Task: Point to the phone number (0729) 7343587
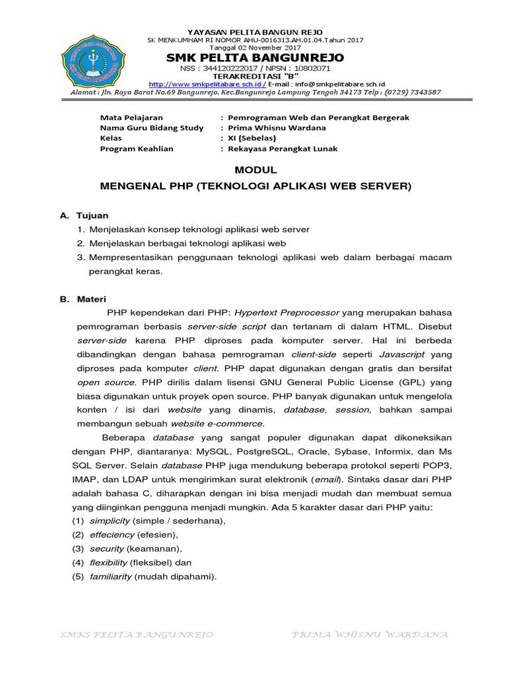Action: click(x=412, y=92)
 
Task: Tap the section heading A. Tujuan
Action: click(x=84, y=216)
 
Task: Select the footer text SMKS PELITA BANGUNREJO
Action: click(x=136, y=634)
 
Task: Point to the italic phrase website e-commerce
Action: click(x=226, y=423)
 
